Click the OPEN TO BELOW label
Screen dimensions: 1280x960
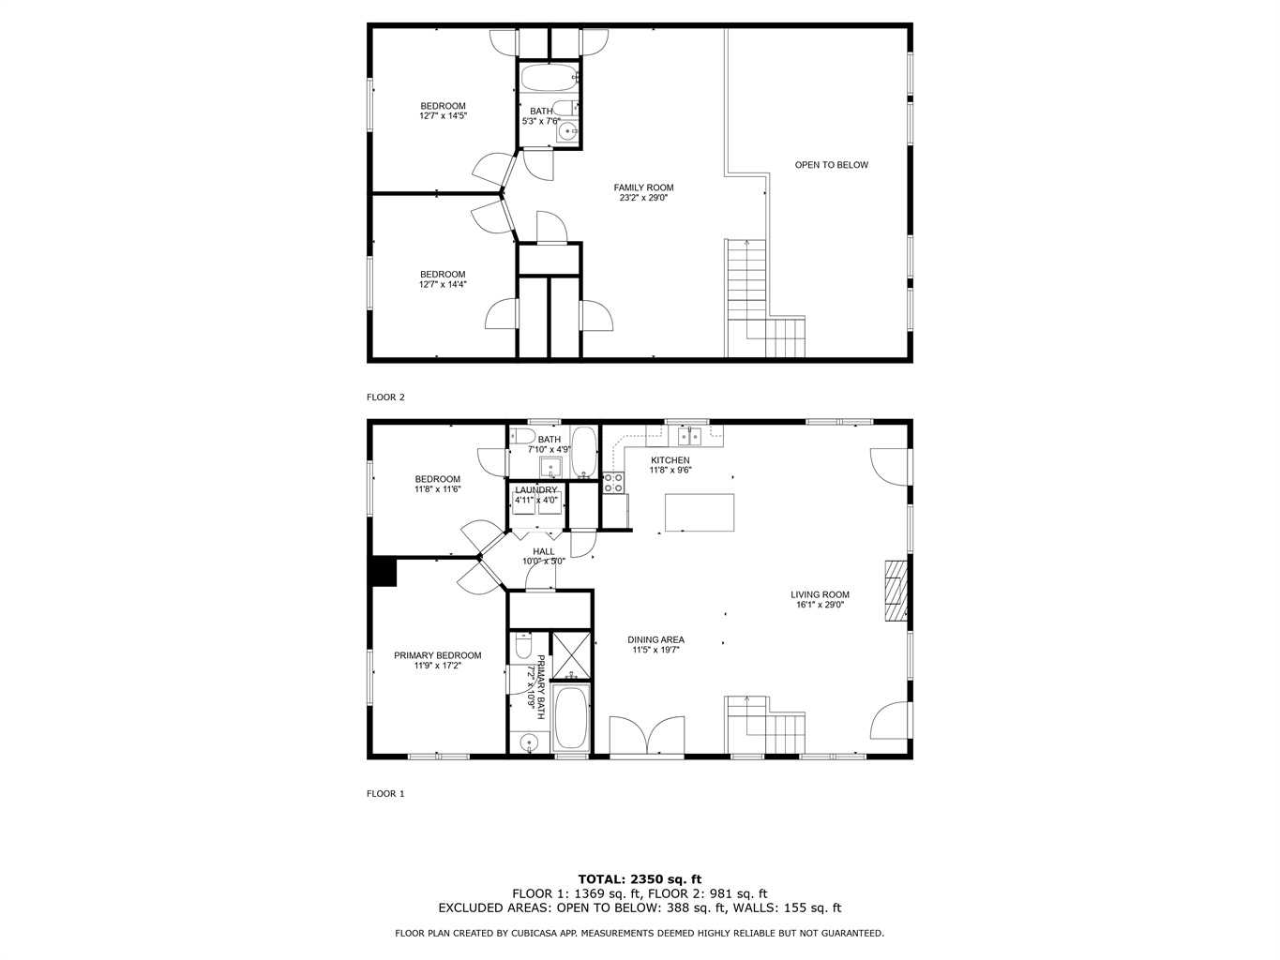831,165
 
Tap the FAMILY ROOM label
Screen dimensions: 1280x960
643,187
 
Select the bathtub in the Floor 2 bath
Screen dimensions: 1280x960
549,78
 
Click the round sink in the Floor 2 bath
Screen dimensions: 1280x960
566,132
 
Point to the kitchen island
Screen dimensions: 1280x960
700,513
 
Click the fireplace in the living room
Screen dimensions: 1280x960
896,592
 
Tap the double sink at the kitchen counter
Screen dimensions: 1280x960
688,436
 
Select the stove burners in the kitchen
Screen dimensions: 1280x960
612,483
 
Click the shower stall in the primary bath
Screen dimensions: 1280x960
571,655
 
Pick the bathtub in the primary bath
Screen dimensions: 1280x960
571,718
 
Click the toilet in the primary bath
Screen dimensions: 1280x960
523,645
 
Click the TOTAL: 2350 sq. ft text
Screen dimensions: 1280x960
640,879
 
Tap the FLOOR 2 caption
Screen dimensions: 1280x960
385,397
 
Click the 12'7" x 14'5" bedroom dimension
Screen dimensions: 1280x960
444,116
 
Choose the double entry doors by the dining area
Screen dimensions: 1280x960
647,737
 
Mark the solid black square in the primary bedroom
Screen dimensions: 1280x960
384,572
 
